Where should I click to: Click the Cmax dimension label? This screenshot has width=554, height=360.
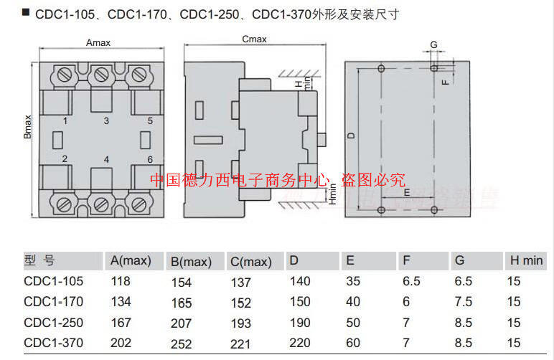254,39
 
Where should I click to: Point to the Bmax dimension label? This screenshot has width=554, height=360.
28,128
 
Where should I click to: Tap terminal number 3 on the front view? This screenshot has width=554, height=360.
106,121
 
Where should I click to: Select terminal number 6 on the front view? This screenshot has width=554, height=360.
150,159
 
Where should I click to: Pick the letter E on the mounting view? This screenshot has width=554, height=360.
406,193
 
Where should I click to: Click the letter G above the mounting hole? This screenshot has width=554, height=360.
433,44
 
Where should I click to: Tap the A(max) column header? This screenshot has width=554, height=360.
130,260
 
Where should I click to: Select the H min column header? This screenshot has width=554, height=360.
526,260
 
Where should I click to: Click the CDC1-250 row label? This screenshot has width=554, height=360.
54,323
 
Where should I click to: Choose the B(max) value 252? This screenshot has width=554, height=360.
182,344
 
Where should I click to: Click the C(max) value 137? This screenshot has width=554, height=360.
241,283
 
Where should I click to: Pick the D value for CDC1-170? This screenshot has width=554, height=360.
300,302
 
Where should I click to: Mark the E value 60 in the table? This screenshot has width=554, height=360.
353,343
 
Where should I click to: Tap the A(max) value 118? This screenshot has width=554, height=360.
121,282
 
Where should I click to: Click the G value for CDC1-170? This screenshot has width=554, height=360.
464,302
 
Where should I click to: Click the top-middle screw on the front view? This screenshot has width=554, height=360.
102,74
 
